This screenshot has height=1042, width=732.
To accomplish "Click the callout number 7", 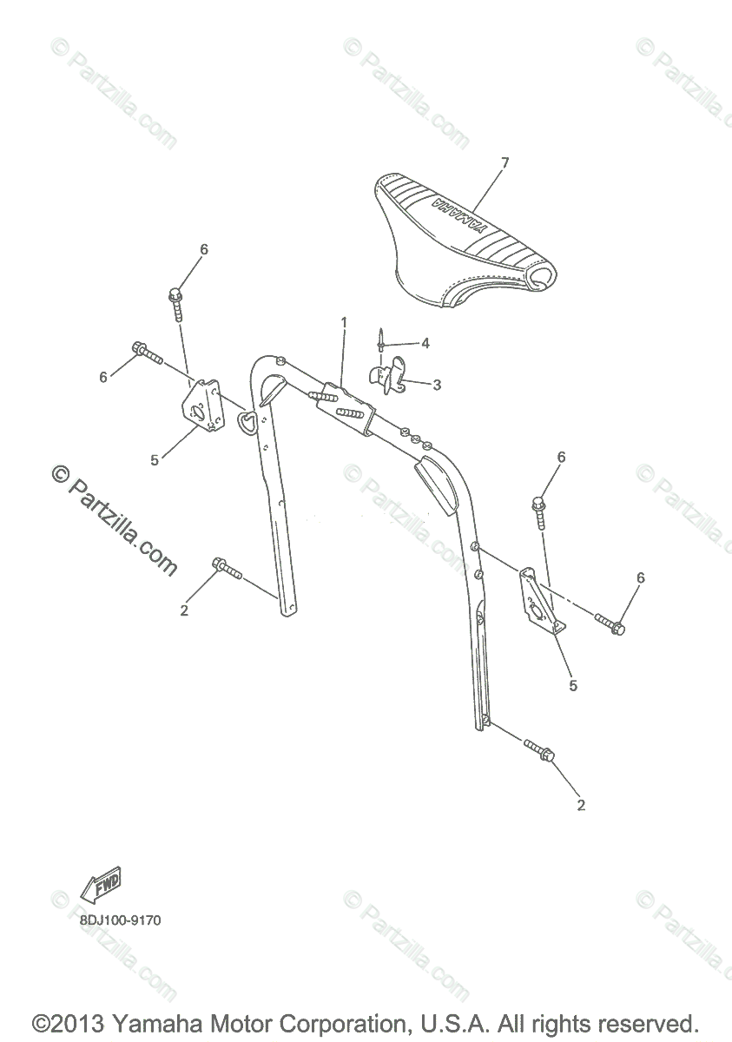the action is [504, 162].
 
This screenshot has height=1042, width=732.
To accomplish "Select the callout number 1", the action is [344, 322].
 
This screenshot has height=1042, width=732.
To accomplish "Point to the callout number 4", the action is [425, 343].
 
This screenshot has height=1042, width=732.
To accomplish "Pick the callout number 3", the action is [437, 384].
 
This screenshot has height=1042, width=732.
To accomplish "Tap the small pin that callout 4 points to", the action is [381, 339].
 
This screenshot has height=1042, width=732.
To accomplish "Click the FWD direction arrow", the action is [100, 887].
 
